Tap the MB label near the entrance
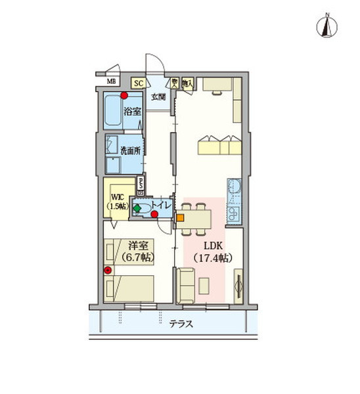tap(112, 81)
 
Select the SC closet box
tap(138, 83)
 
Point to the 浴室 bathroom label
tap(133, 112)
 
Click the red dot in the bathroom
tap(124, 95)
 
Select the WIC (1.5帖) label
tap(119, 200)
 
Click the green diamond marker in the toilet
tap(137, 209)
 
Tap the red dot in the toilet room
tap(153, 213)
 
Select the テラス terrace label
tap(175, 322)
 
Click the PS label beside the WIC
tap(141, 185)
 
